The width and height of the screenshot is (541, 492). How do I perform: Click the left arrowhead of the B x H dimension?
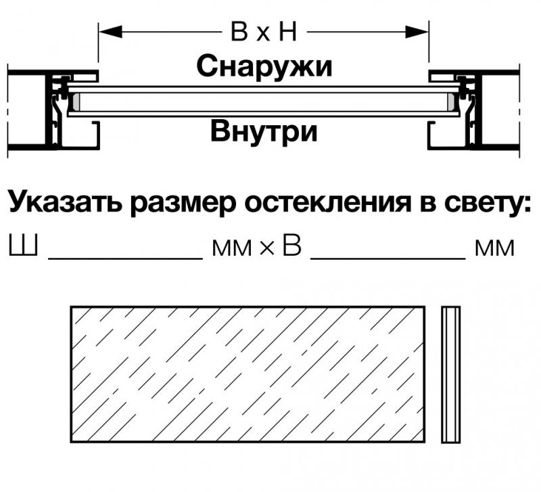pos(110,32)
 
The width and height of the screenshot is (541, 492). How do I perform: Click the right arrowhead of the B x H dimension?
pos(417,32)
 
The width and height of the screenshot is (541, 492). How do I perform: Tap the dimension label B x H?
pos(264,32)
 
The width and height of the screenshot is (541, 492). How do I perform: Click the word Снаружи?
pos(264,66)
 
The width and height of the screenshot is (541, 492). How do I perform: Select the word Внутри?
pos(264,131)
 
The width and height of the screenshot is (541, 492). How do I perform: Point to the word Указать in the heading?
pos(65,202)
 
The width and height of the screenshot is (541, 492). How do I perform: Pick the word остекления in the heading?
pos(328,202)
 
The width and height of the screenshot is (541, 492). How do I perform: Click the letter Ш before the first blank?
pos(23,245)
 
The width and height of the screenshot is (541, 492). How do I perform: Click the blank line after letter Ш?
pos(125,258)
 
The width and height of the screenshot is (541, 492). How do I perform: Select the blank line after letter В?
pos(388,258)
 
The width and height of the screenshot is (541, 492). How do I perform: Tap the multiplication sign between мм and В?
pos(266,248)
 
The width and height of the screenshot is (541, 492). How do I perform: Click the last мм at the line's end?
pos(494,248)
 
